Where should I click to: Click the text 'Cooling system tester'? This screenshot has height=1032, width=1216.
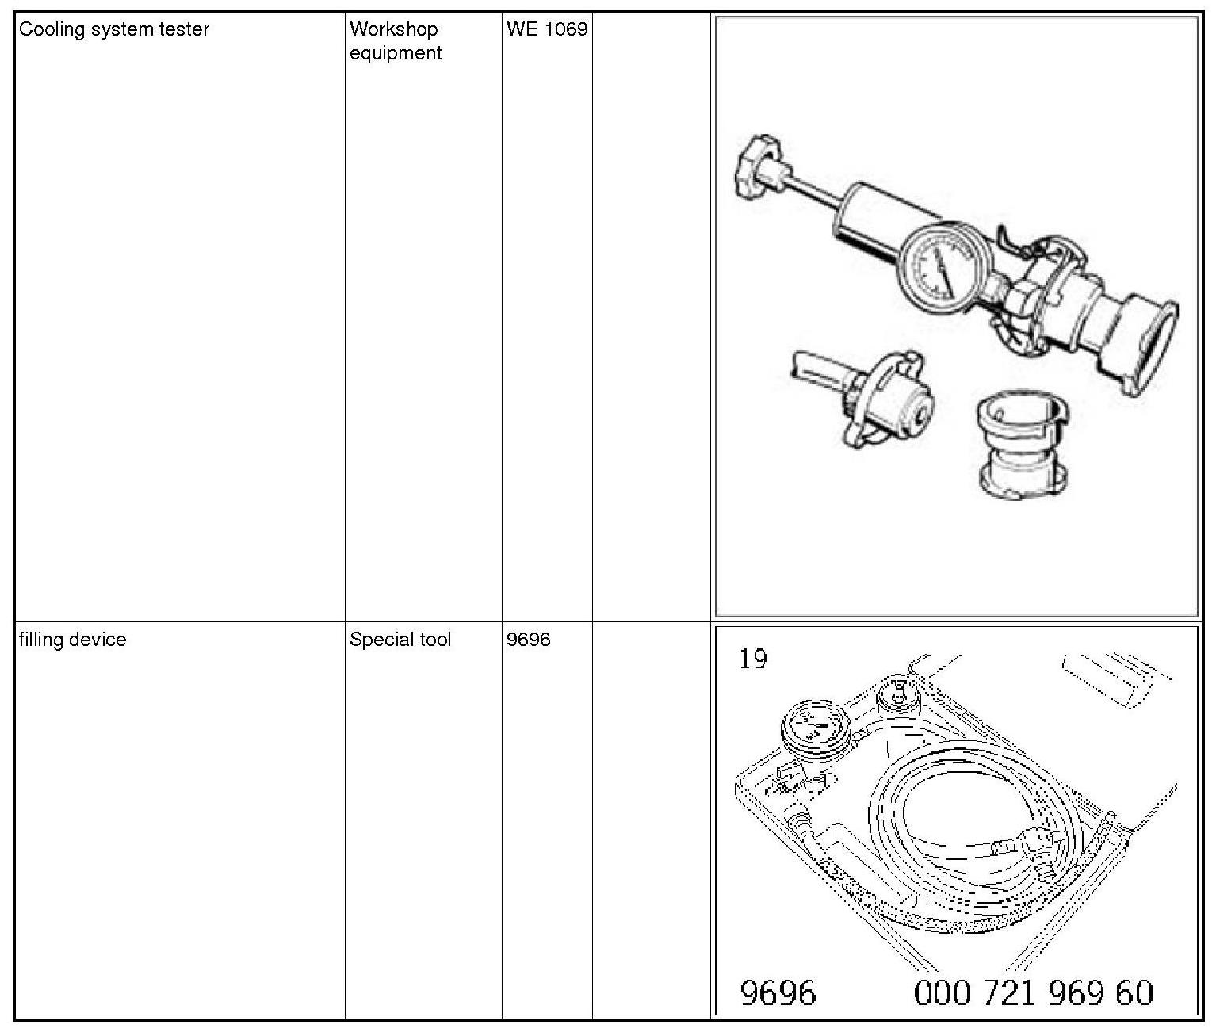113,29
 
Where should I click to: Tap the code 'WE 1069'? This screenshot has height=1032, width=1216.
547,29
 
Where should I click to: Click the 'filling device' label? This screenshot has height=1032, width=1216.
72,640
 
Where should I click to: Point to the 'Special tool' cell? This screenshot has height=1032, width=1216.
400,640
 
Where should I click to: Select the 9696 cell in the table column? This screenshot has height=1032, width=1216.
528,640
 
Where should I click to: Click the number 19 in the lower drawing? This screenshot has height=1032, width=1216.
752,659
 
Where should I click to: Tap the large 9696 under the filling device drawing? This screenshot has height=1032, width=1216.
777,992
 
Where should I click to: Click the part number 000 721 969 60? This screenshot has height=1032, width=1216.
1034,992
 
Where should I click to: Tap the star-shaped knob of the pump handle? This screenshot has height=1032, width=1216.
755,168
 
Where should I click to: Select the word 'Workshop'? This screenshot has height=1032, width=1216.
393,29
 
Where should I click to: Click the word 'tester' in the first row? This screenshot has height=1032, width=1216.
184,29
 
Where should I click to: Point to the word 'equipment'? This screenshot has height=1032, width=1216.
395,53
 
